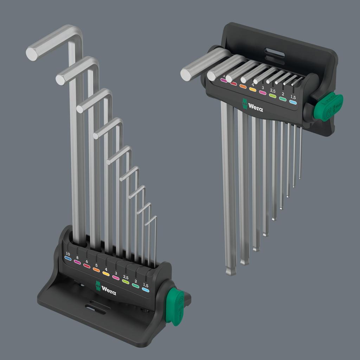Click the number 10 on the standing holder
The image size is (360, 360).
click(x=68, y=253)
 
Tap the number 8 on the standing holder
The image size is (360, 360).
click(x=77, y=257)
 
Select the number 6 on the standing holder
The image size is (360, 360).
click(x=86, y=261)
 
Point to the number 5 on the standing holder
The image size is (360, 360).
click(x=96, y=265)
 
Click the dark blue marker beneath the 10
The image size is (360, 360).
click(x=68, y=259)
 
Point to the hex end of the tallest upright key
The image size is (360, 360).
click(x=32, y=54)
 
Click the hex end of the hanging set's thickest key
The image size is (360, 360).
click(x=186, y=74)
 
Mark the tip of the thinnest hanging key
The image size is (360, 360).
click(x=300, y=177)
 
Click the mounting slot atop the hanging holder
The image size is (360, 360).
click(x=275, y=54)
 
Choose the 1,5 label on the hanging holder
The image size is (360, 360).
click(x=293, y=97)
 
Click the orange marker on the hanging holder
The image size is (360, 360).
click(x=243, y=86)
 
